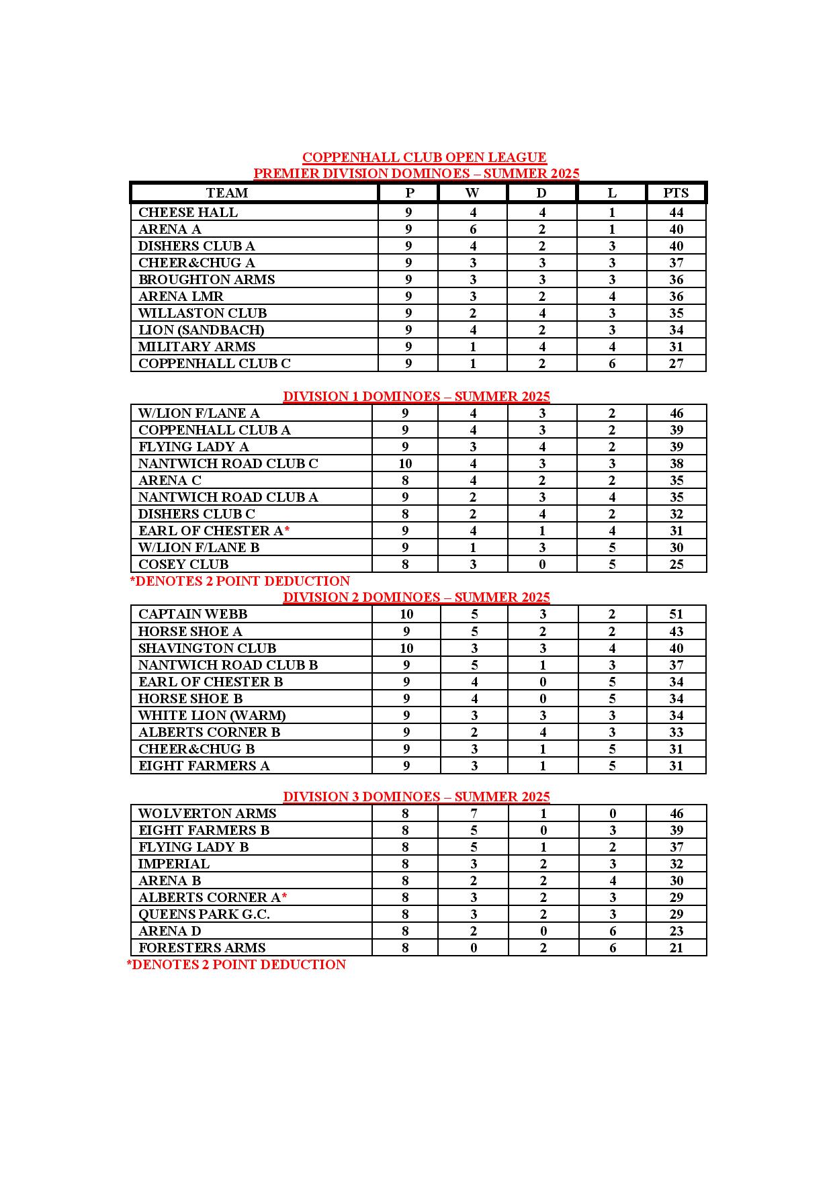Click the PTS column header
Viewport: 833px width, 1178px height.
[676, 193]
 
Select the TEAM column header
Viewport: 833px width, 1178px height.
[227, 193]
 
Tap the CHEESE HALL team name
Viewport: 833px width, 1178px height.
[188, 213]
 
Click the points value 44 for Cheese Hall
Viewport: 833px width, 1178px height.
[676, 213]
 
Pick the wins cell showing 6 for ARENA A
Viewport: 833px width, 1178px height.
[473, 230]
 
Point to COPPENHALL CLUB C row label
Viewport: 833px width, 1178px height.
[214, 364]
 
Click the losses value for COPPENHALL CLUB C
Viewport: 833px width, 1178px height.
[611, 364]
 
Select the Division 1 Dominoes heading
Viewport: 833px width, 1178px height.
[416, 396]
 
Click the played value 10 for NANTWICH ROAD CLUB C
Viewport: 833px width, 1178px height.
[405, 464]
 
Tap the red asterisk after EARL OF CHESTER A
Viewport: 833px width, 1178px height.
[287, 531]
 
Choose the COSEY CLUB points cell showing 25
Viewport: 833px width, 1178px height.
[676, 565]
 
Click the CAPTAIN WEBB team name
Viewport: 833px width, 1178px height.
[193, 615]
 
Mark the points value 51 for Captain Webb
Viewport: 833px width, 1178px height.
[676, 615]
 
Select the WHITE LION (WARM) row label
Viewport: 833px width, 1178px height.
[212, 716]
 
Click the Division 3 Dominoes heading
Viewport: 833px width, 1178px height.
[416, 797]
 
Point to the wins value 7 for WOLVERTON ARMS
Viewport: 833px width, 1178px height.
[474, 814]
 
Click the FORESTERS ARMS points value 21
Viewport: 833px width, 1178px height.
[676, 948]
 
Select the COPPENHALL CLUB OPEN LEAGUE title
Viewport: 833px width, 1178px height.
[424, 158]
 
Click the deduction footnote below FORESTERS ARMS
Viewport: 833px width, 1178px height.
[236, 965]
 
